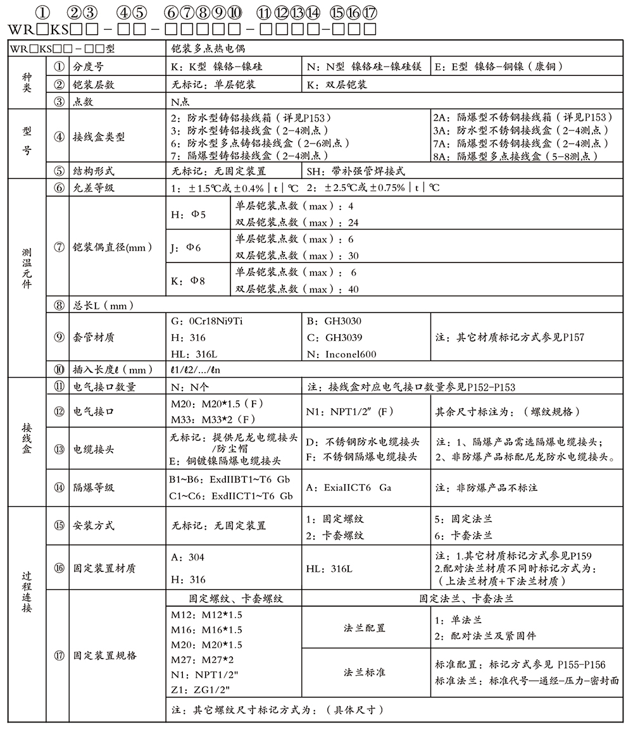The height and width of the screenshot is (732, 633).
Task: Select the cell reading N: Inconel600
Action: point(341,354)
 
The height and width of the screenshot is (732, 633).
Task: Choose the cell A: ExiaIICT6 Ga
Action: point(348,488)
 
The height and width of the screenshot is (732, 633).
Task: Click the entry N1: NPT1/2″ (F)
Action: point(350,412)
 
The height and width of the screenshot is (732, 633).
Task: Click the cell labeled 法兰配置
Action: point(365,628)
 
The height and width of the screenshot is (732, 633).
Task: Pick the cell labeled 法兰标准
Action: point(365,672)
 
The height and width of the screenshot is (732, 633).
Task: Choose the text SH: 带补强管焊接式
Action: point(356,171)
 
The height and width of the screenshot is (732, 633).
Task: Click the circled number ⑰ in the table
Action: point(60,655)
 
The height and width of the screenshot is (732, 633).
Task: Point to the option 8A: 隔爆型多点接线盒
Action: point(515,156)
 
